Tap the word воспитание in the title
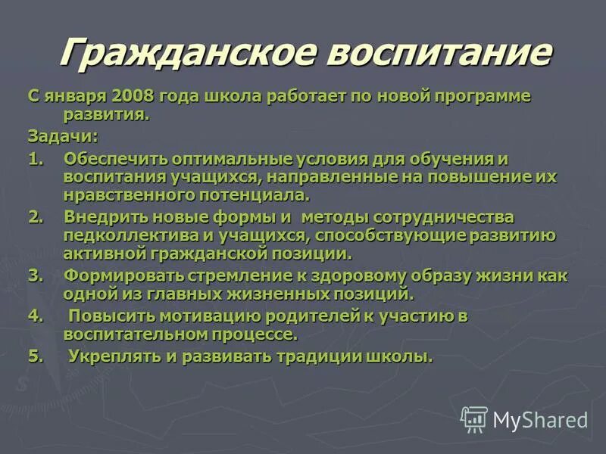coord(431,52)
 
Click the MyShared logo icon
coord(475,418)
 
